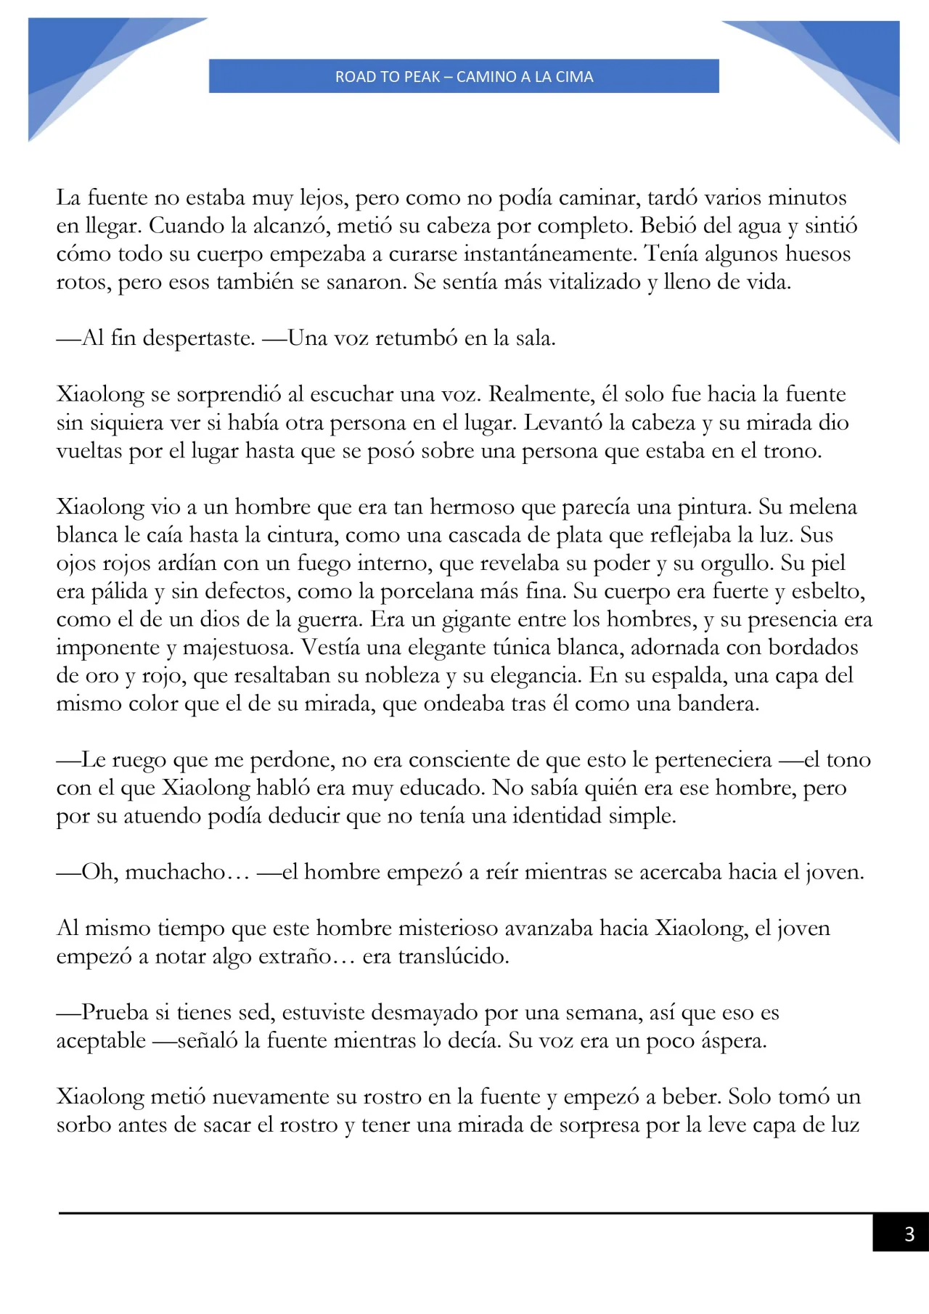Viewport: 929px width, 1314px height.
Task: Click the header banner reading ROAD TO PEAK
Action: (x=464, y=76)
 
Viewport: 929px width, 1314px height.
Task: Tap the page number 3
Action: (x=909, y=1233)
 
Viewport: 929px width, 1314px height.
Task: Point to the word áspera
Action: (x=732, y=1040)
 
